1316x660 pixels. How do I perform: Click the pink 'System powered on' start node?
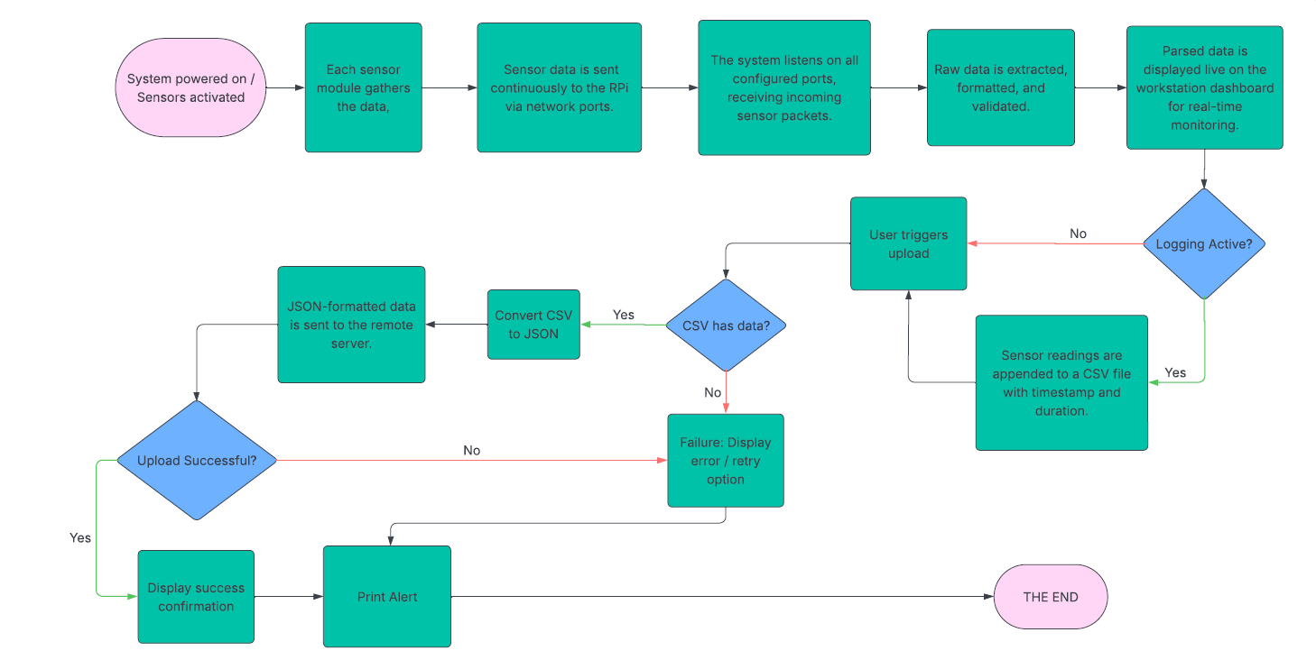pos(190,87)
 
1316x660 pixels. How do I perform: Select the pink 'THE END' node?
pos(1050,596)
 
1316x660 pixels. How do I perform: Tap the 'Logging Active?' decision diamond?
pos(1203,243)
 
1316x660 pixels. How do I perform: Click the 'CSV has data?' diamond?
pos(726,325)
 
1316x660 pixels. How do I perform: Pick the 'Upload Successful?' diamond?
pos(196,460)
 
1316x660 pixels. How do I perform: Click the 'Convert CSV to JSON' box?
pos(533,325)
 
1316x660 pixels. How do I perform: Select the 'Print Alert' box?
pos(386,596)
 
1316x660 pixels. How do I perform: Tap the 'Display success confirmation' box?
pos(196,596)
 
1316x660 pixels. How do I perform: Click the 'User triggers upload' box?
pos(908,243)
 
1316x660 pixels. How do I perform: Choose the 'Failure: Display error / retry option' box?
pos(725,460)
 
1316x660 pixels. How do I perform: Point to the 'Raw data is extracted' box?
pos(1000,87)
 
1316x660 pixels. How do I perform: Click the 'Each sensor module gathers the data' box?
pos(363,87)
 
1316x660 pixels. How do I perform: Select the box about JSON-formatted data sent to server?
pos(350,324)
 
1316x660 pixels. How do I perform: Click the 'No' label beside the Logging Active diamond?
pos(1078,234)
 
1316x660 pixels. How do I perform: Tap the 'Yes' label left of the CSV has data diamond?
pos(624,315)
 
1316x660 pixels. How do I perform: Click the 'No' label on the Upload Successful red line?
pos(471,450)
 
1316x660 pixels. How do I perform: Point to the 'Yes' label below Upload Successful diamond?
pos(80,536)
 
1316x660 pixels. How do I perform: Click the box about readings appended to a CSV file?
pos(1061,382)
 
